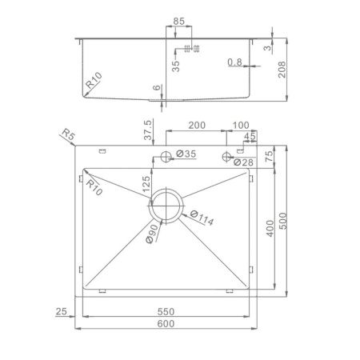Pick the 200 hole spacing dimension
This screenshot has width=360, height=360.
pyautogui.click(x=194, y=126)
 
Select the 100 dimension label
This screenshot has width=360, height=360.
pyautogui.click(x=241, y=126)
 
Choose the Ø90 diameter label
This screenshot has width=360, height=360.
pyautogui.click(x=153, y=233)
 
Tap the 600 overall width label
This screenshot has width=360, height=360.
pyautogui.click(x=166, y=325)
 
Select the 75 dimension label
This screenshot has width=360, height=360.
pyautogui.click(x=270, y=155)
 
